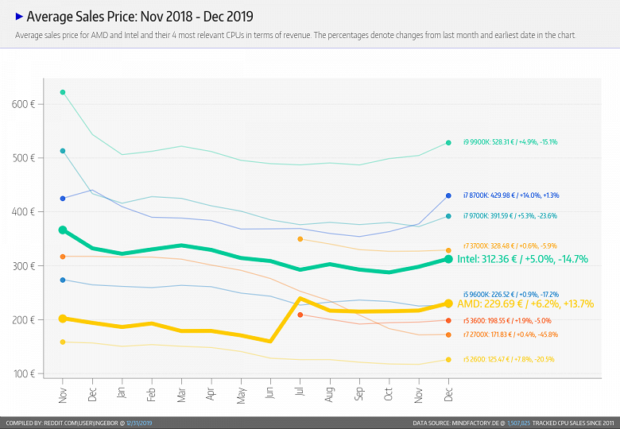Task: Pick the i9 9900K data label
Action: click(x=510, y=142)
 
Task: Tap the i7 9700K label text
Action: click(x=510, y=216)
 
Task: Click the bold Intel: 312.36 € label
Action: click(x=522, y=260)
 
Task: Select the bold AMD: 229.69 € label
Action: click(x=525, y=304)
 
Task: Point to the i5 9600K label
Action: click(x=510, y=293)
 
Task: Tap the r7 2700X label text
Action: click(x=510, y=334)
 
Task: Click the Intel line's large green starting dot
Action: click(x=63, y=230)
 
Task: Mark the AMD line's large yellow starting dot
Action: click(x=63, y=319)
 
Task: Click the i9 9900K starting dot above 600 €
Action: click(x=63, y=92)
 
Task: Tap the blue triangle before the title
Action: click(x=19, y=15)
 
